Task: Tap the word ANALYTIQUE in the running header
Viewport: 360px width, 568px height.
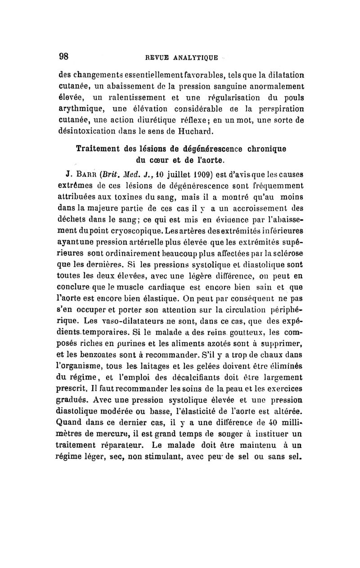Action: tap(196, 58)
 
